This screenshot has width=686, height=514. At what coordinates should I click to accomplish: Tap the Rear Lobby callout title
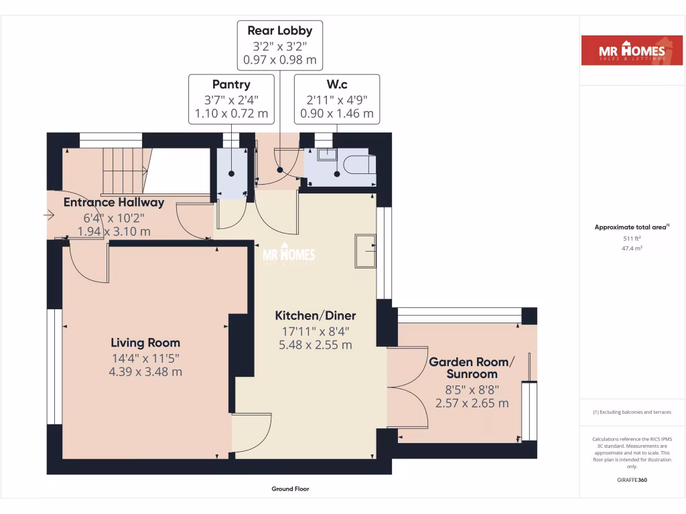[x=279, y=30]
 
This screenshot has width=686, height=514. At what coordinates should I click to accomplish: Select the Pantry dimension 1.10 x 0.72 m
[x=231, y=114]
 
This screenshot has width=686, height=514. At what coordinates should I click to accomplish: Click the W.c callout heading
[x=336, y=84]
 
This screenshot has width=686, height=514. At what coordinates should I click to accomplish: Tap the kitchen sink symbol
[x=365, y=251]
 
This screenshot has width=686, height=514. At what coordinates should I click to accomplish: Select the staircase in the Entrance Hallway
[x=123, y=171]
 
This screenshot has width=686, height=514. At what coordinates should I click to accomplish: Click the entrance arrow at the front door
[x=50, y=216]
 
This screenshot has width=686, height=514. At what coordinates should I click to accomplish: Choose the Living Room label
[x=145, y=343]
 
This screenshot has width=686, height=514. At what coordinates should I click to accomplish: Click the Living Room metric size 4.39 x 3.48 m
[x=145, y=372]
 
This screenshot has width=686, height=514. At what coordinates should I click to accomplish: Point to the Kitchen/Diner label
[x=316, y=315]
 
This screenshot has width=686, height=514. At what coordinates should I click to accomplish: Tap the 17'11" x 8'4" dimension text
[x=316, y=331]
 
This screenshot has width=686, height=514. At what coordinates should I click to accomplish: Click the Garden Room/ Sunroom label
[x=472, y=367]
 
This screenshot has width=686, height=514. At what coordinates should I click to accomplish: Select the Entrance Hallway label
[x=114, y=202]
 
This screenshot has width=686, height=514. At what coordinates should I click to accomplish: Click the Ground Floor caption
[x=290, y=489]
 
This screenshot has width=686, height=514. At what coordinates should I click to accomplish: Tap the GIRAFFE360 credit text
[x=632, y=480]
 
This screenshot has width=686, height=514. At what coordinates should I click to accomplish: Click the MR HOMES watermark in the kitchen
[x=288, y=255]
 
